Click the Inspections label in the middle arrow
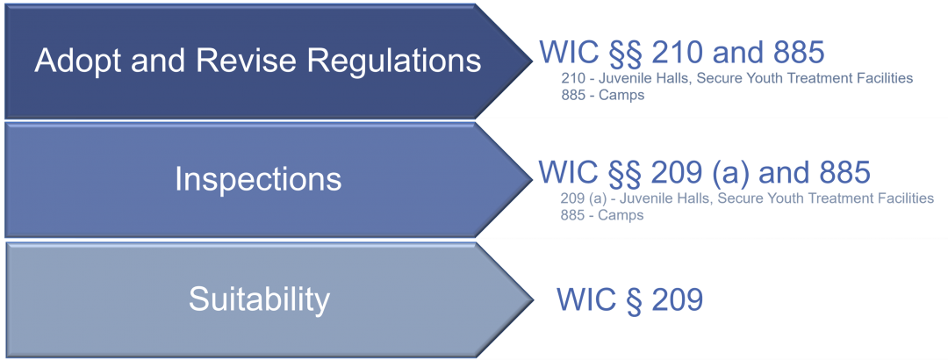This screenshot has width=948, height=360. point(258,180)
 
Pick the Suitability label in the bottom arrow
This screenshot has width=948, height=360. point(259,299)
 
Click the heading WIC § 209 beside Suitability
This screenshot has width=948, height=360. point(629,299)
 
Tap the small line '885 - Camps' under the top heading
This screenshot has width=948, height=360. point(602,95)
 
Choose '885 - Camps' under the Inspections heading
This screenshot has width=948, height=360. point(602,215)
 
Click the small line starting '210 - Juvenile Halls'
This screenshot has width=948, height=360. point(737,79)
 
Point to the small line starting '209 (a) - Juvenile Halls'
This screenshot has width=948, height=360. point(747,198)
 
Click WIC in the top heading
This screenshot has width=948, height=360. point(563,53)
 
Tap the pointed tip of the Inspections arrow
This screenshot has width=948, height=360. point(531,180)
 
